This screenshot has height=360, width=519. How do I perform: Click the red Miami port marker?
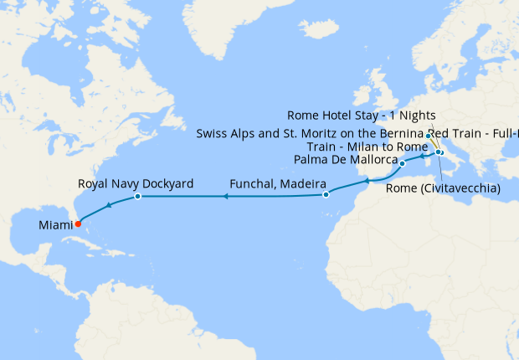click(78, 224)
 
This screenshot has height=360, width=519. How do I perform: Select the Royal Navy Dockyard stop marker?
click(137, 197)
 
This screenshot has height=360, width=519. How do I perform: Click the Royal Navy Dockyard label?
click(136, 183)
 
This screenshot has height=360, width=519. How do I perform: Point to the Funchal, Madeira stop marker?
click(326, 195)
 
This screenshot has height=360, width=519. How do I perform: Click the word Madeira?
click(300, 183)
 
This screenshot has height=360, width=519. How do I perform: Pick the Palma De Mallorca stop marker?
click(403, 163)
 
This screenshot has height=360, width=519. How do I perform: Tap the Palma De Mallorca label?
click(345, 159)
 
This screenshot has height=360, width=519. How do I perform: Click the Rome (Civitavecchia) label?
click(443, 188)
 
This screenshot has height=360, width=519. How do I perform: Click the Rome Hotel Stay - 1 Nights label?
click(361, 116)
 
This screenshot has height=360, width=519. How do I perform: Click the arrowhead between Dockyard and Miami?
click(108, 206)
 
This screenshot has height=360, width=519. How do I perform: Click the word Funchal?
click(254, 183)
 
